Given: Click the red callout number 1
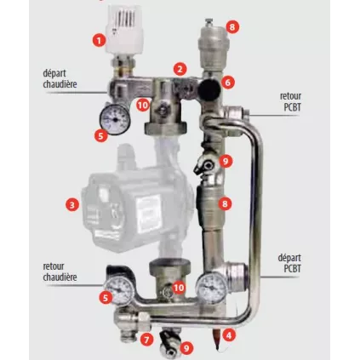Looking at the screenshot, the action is point(99,41).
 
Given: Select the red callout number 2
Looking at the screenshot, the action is point(180,69).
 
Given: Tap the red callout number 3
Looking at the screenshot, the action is point(72,204).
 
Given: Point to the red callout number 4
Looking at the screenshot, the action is point(229,335).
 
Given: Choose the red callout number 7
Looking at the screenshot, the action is point(146,340).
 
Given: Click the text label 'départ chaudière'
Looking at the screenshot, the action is point(60,78).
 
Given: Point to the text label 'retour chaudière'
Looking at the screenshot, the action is point(60,271).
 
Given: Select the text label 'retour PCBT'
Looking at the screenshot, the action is point(290,101).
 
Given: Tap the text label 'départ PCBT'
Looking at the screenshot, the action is point(289,263).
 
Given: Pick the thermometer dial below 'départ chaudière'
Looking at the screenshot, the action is point(115,119).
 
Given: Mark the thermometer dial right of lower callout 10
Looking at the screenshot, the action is point(212,287).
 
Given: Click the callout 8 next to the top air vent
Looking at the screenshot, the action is point(232,27).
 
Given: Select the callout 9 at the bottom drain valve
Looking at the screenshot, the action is point(186,347).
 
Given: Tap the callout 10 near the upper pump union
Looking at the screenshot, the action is point(143,105).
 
